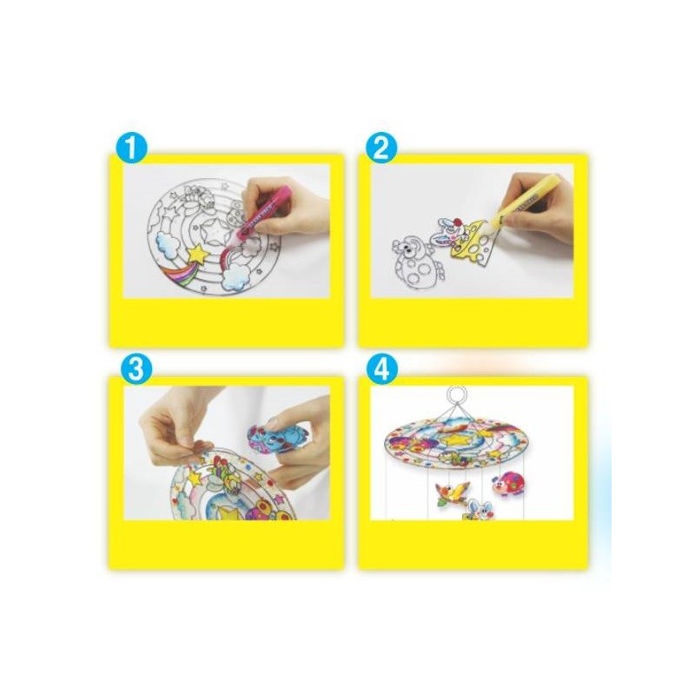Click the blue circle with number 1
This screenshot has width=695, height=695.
[131, 149]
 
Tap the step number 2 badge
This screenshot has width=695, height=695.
[381, 149]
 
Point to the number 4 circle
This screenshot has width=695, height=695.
[381, 369]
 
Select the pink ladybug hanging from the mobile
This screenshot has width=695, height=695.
[508, 482]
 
